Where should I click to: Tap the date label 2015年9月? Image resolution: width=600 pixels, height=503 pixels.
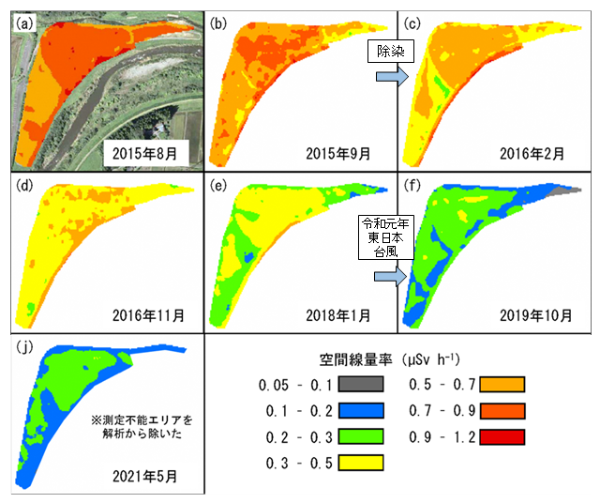[341, 150]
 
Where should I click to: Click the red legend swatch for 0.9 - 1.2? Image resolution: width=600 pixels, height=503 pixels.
[499, 436]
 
